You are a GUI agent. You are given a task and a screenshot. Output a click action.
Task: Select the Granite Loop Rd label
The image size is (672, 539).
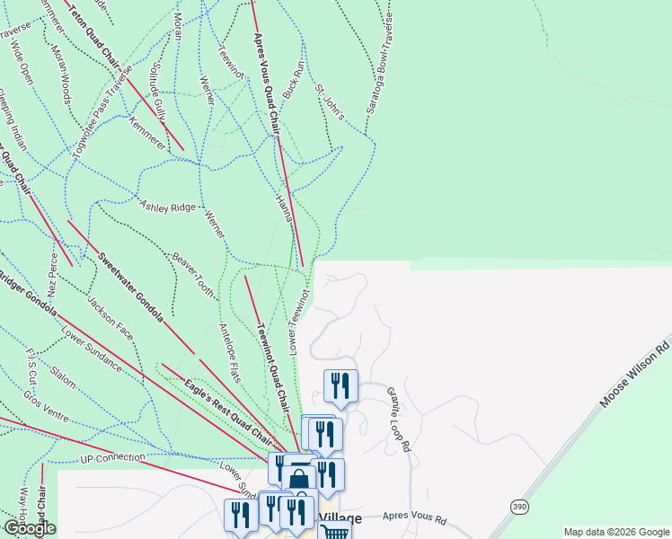tap(399, 419)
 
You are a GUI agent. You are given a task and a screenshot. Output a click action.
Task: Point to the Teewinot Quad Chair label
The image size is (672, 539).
tap(273, 367)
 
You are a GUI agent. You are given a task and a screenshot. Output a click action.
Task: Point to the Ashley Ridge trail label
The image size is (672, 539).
tap(168, 206)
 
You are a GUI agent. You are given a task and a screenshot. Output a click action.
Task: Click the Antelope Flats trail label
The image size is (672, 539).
tap(230, 353)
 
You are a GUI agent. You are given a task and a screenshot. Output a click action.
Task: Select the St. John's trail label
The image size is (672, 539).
tap(330, 102)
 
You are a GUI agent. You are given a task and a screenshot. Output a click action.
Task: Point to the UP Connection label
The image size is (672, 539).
tap(112, 459)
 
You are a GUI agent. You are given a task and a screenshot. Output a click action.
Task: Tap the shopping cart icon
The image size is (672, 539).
tap(334, 532)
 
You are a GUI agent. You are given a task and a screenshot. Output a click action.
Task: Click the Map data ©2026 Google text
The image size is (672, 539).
tap(616, 532)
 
